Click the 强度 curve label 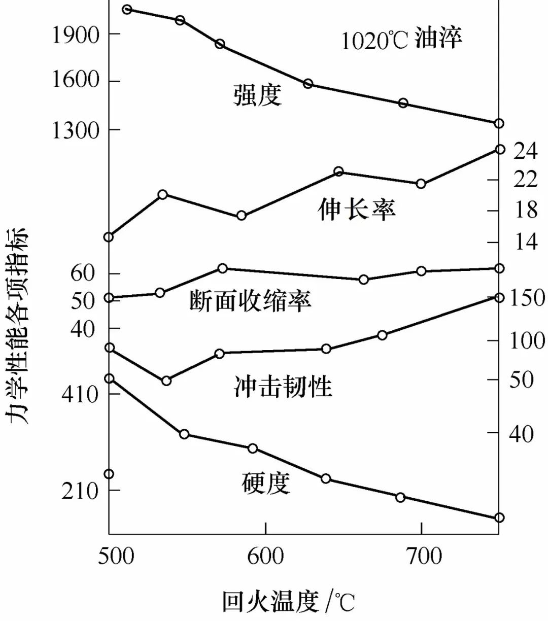(257, 95)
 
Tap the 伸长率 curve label (357, 209)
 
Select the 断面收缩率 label (250, 301)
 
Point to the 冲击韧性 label (283, 386)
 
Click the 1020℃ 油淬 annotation (401, 39)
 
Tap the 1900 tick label (76, 34)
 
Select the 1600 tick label (76, 80)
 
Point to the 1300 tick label (76, 130)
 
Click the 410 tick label (80, 394)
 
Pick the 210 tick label (80, 491)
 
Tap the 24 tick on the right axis (525, 151)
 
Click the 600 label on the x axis (265, 556)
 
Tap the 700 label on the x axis (421, 556)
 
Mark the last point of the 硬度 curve (499, 517)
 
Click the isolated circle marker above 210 (109, 474)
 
